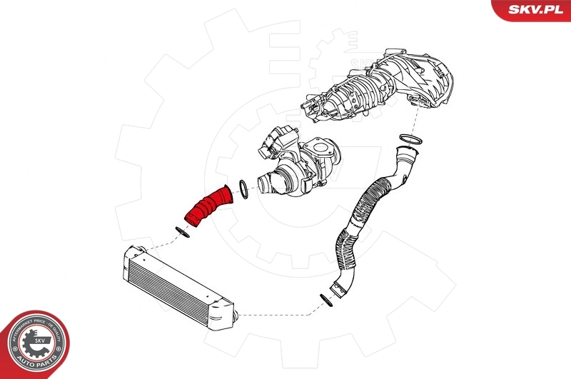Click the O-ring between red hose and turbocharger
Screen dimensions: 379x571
[242, 189]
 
